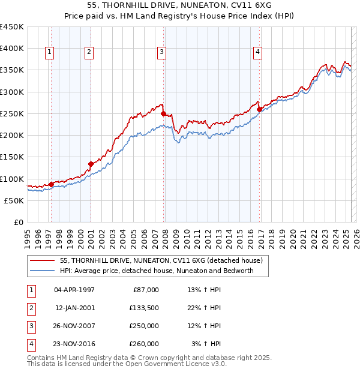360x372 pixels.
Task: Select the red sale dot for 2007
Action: (163, 112)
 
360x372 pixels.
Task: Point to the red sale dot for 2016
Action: (259, 109)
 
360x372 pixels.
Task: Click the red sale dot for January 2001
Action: (91, 163)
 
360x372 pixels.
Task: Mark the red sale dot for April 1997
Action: (51, 184)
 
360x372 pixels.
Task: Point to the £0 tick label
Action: (19, 222)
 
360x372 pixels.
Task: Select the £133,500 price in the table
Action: (144, 308)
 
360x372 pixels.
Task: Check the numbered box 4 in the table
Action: (31, 344)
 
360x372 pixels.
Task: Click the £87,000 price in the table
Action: (146, 290)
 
